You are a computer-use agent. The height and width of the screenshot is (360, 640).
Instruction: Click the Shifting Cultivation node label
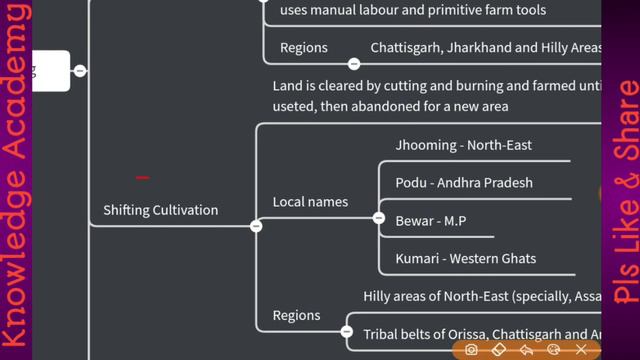click(x=160, y=210)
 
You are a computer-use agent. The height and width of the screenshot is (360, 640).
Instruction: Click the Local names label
click(x=310, y=202)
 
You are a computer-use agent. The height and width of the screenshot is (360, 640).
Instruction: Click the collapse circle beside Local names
click(x=379, y=217)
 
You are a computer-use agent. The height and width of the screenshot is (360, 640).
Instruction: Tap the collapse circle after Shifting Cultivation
click(x=256, y=226)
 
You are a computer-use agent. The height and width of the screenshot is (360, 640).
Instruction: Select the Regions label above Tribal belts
click(x=296, y=316)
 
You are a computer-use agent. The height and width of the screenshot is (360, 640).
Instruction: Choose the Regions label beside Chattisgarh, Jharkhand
click(x=304, y=48)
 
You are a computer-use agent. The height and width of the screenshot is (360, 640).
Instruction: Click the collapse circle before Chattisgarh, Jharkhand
click(x=354, y=63)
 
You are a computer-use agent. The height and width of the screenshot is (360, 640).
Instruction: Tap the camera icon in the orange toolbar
click(x=471, y=350)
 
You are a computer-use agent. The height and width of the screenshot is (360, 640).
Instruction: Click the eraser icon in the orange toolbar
click(x=499, y=350)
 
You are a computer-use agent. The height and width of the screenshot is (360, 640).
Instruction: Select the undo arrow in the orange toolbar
click(x=526, y=350)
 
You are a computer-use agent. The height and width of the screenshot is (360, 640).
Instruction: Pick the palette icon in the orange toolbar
click(x=553, y=350)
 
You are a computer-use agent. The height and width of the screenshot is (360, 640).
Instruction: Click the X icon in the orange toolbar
click(x=581, y=350)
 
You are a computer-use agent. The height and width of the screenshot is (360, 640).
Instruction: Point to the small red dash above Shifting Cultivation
click(x=142, y=178)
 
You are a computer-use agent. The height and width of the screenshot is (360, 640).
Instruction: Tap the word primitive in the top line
click(x=457, y=11)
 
